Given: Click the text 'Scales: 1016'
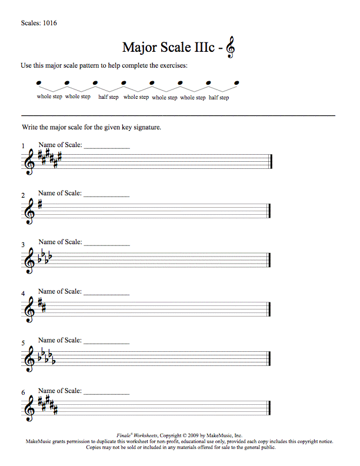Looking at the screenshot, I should tap(39, 24).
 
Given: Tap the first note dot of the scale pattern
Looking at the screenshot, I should tap(38, 83).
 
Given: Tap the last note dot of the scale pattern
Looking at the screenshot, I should tap(237, 83).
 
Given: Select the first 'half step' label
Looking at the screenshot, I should tap(108, 97).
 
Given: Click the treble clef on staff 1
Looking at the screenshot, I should tap(29, 161).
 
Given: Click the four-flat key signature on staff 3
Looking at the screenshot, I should tap(45, 257).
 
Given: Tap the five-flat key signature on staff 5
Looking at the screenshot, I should tap(46, 357).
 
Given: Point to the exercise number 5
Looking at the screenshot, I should tap(23, 343).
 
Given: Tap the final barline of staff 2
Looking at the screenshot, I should tap(269, 211).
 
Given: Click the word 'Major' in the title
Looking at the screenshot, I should tap(138, 47).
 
